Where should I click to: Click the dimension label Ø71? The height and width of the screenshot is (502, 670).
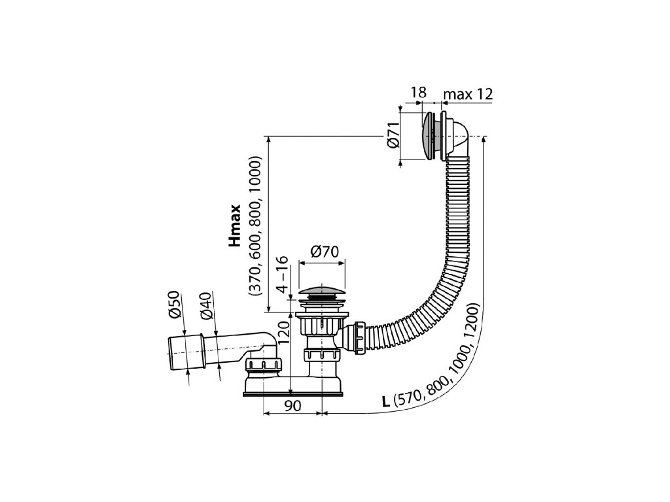pos(392,137)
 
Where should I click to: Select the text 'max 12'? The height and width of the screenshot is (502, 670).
pos(467,94)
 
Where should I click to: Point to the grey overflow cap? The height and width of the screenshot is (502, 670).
pos(429,137)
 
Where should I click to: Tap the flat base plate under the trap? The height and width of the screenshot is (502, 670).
pos(292,393)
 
